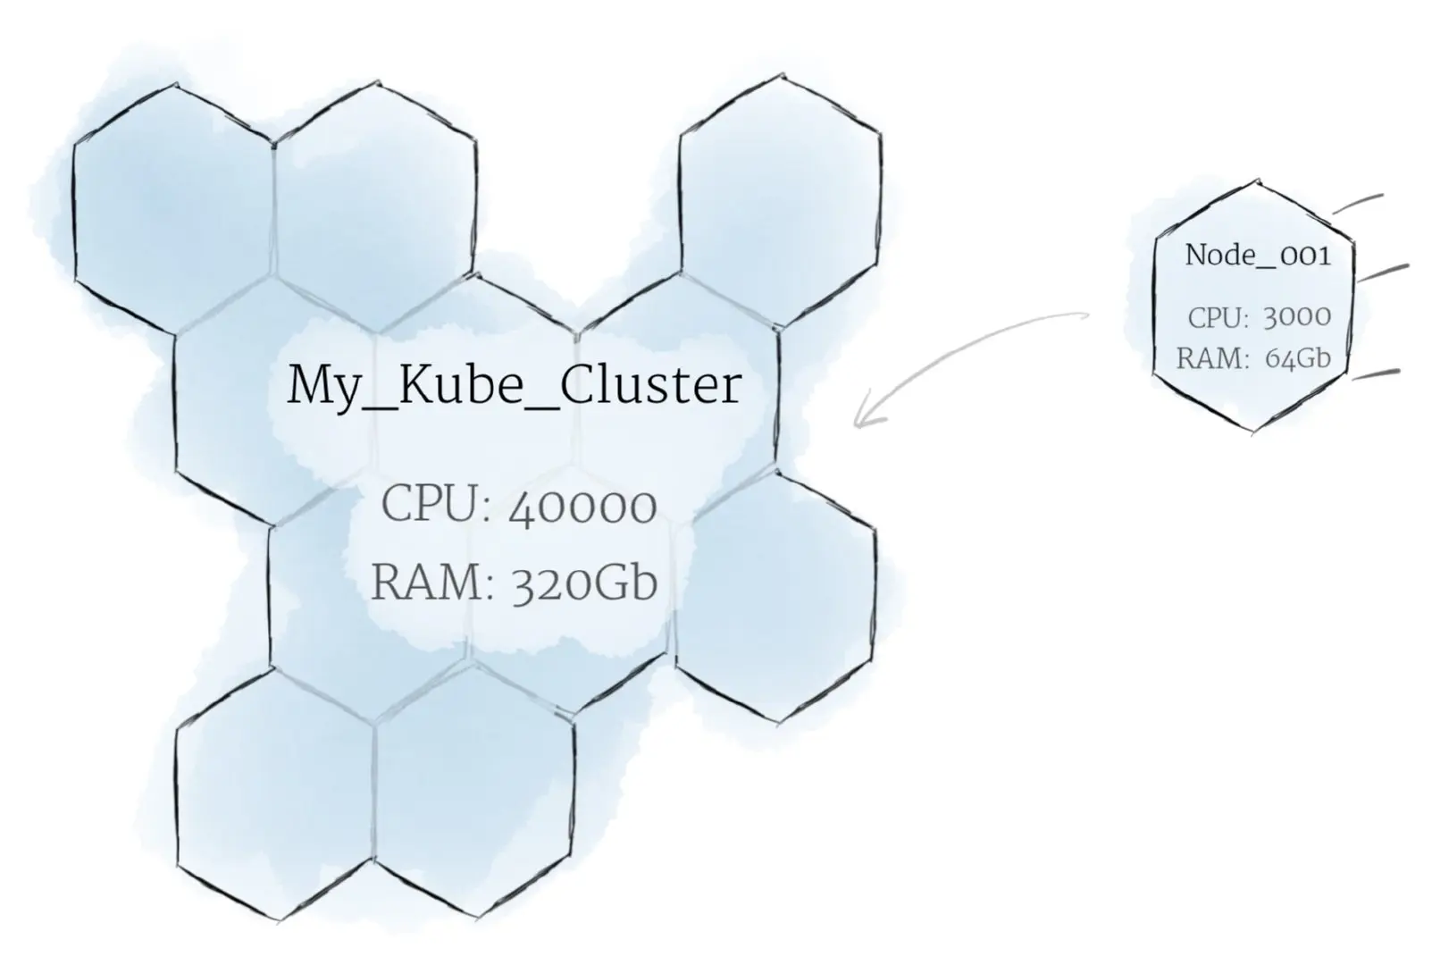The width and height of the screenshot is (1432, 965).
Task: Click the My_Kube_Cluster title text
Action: (514, 386)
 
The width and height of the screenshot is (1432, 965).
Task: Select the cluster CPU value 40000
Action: (582, 507)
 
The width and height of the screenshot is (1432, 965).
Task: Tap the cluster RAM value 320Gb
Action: (584, 583)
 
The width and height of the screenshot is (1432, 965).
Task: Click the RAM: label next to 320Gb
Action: (432, 583)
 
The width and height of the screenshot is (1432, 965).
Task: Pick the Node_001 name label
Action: (1257, 256)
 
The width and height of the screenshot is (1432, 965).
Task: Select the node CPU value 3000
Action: (1297, 317)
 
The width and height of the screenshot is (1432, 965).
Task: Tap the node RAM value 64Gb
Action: (1297, 358)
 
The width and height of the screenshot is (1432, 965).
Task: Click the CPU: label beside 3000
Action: (1218, 317)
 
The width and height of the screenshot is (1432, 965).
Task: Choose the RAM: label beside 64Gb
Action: (1212, 358)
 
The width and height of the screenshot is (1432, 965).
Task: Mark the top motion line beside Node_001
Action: (1358, 204)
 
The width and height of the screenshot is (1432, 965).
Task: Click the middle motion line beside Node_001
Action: (1383, 272)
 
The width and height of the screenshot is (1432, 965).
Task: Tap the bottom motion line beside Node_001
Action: (1376, 373)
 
